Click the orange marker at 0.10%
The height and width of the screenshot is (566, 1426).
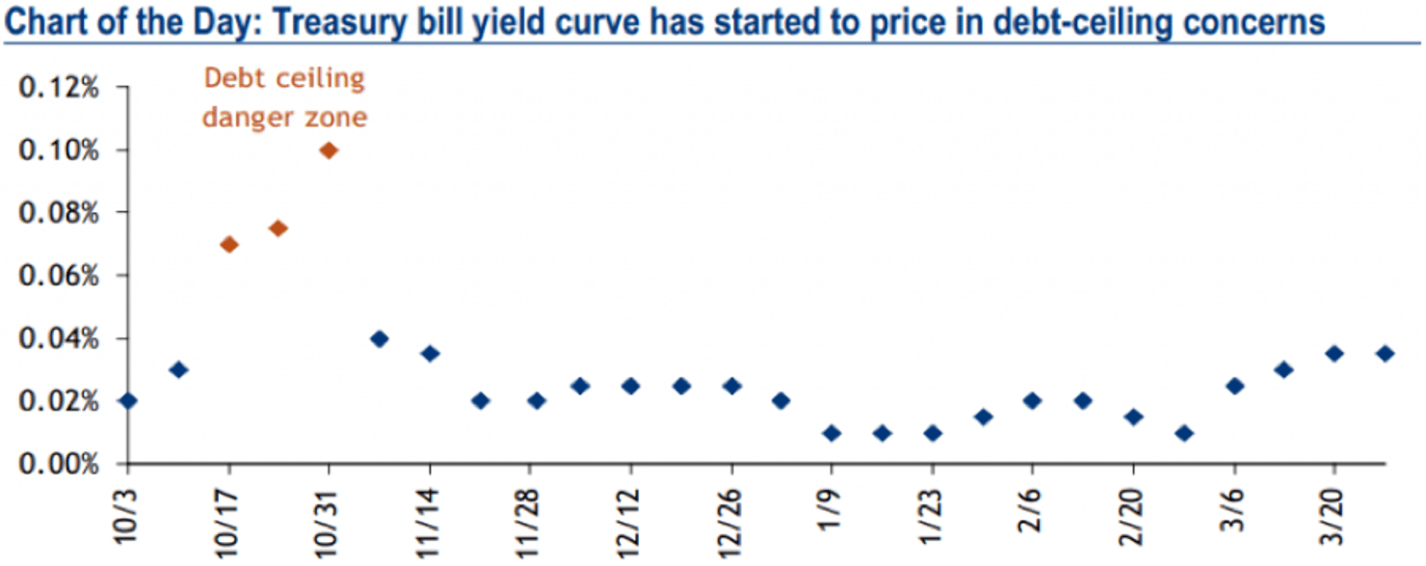coord(329,150)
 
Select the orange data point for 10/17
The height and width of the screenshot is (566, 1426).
coord(228,244)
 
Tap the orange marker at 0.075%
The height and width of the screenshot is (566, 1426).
coord(278,229)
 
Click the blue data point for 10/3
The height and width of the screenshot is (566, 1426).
coord(128,400)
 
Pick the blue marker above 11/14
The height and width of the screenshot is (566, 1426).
coord(430,353)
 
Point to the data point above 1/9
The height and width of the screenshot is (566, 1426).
coord(832,433)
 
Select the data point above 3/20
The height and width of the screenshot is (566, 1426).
coord(1334,353)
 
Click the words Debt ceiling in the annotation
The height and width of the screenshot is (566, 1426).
coord(282,79)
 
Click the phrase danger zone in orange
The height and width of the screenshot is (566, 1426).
coord(283,118)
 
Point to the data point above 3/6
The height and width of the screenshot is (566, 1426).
coord(1234,386)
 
